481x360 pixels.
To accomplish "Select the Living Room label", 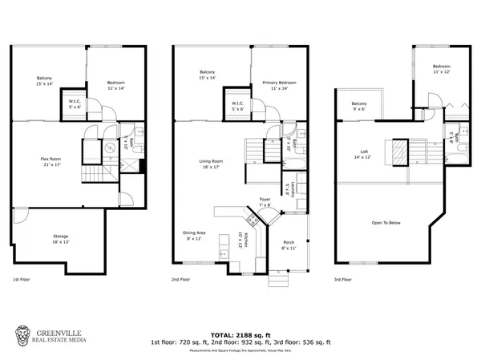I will point(211,164).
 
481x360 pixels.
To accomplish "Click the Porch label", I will point(289,245).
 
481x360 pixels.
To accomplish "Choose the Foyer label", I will point(265,200).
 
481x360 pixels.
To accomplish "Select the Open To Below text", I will point(386,221).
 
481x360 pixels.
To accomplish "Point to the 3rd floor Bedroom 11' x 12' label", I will point(441,69).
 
